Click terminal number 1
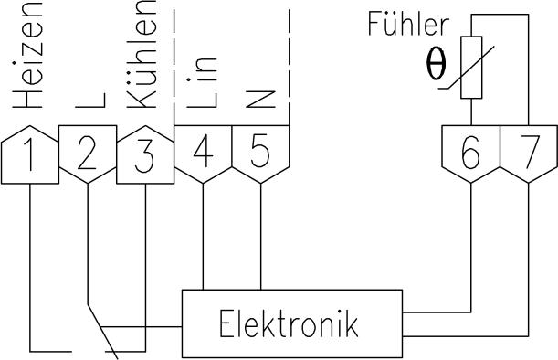(x=30, y=155)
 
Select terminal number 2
(x=87, y=155)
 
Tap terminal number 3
(x=144, y=155)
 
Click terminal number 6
(x=470, y=153)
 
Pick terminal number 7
(x=529, y=153)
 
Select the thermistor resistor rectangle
(x=470, y=68)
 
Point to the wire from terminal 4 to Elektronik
(x=203, y=238)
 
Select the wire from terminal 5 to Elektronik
(x=260, y=238)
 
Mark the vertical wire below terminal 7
(x=529, y=256)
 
